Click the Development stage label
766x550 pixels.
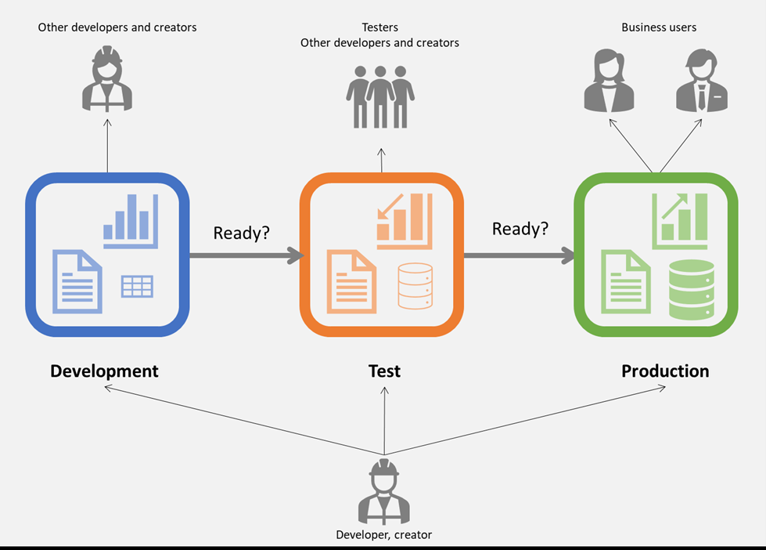104,371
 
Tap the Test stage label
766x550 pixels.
384,371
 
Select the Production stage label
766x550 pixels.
665,371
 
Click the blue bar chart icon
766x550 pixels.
131,220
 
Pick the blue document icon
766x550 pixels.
77,281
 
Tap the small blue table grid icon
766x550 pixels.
137,287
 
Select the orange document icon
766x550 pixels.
350,281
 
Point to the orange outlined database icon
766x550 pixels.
415,285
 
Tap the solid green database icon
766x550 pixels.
692,289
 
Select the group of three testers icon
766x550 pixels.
380,96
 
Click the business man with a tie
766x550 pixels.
701,81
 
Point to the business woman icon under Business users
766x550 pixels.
609,81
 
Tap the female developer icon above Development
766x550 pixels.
107,79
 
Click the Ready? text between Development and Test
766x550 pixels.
241,233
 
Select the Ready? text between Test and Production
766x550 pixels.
520,229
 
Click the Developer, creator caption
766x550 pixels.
383,535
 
